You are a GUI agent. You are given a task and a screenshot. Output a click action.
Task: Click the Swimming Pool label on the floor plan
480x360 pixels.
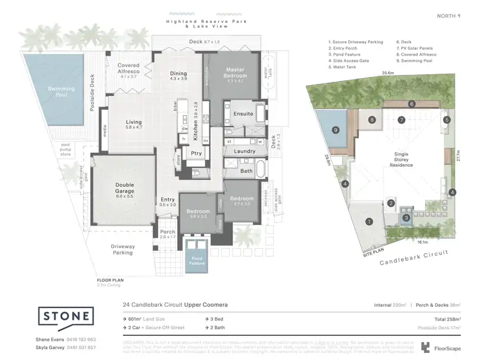(x=62, y=92)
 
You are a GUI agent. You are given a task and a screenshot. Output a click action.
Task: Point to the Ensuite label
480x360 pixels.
(x=243, y=114)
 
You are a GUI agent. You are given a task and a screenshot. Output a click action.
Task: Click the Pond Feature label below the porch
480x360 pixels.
(x=195, y=261)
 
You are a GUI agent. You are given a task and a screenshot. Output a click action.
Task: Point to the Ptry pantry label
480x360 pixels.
(x=196, y=153)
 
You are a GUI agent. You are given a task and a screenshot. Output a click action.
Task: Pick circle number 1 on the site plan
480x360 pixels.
(x=369, y=222)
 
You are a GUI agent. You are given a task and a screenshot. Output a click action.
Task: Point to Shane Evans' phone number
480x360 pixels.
(x=80, y=339)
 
